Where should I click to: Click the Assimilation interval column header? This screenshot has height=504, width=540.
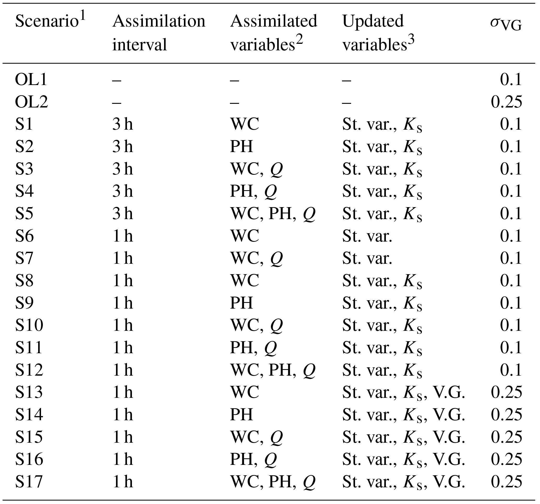click(159, 33)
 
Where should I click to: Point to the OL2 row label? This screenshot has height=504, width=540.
click(32, 102)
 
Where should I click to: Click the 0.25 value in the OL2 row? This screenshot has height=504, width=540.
click(506, 102)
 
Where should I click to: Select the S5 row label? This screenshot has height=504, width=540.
click(24, 213)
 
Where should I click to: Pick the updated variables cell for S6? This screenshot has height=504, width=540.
click(367, 236)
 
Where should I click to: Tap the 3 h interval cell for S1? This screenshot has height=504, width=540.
click(123, 124)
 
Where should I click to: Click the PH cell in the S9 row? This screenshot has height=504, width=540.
click(241, 303)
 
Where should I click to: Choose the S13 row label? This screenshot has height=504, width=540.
click(29, 392)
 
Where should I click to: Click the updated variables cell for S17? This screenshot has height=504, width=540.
click(403, 482)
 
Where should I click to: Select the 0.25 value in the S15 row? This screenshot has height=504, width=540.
click(506, 437)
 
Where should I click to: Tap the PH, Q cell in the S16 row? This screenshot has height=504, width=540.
click(253, 459)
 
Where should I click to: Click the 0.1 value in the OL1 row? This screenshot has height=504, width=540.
click(511, 80)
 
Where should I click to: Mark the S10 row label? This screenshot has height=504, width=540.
click(29, 325)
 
